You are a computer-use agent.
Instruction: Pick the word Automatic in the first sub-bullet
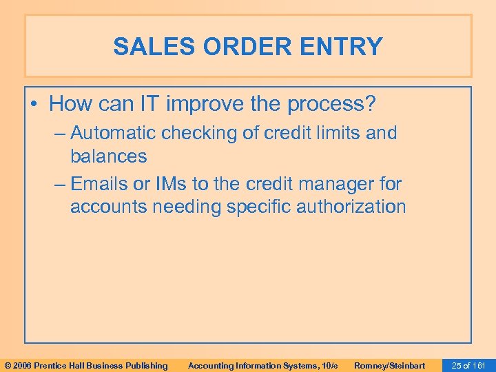click(x=113, y=133)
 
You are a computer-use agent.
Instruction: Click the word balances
click(x=108, y=156)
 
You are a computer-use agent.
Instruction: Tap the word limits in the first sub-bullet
click(x=335, y=133)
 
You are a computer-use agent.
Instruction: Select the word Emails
click(x=101, y=184)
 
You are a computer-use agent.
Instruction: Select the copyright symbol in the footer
click(x=8, y=365)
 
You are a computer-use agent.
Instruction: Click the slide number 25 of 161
click(x=466, y=365)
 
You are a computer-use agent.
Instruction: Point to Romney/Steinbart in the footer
click(x=389, y=365)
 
